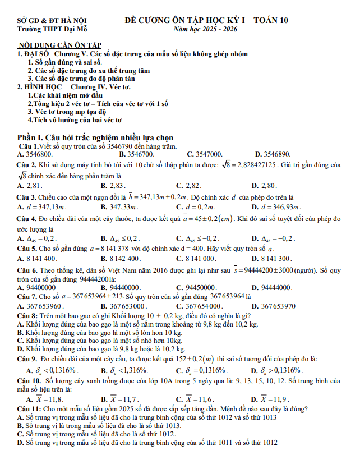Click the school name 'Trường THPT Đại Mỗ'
(x=52, y=29)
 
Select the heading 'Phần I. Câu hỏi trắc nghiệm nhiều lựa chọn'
(x=95, y=137)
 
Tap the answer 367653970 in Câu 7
(x=278, y=306)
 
